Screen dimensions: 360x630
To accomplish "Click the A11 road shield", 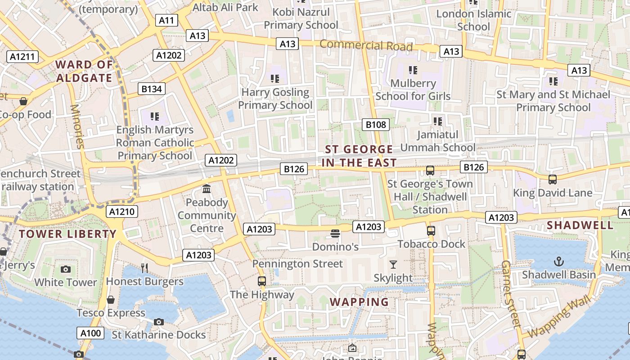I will pyautogui.click(x=166, y=20).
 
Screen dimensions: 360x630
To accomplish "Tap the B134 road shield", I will pyautogui.click(x=152, y=89).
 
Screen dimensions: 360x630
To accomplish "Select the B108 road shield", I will pyautogui.click(x=376, y=124).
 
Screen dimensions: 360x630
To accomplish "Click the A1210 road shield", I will pyautogui.click(x=122, y=211).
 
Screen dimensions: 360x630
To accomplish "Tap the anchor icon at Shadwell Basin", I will pyautogui.click(x=558, y=261).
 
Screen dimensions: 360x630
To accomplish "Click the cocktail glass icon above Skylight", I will pyautogui.click(x=393, y=264).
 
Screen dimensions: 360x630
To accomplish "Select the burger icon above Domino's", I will pyautogui.click(x=335, y=233).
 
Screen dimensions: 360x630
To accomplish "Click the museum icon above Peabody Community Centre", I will pyautogui.click(x=207, y=189).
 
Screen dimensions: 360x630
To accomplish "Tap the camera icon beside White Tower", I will pyautogui.click(x=66, y=269).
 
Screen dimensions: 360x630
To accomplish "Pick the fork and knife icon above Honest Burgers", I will pyautogui.click(x=144, y=268).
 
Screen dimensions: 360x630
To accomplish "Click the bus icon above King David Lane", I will pyautogui.click(x=553, y=179).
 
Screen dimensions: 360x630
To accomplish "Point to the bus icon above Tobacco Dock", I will pyautogui.click(x=431, y=230).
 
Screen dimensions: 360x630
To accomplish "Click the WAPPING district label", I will pyautogui.click(x=360, y=301).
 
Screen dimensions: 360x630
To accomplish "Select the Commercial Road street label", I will pyautogui.click(x=366, y=45).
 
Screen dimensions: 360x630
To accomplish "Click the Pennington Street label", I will pyautogui.click(x=297, y=263).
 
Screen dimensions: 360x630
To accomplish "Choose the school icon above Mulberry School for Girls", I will pyautogui.click(x=413, y=70).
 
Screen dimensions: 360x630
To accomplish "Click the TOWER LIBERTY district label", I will pyautogui.click(x=68, y=234).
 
